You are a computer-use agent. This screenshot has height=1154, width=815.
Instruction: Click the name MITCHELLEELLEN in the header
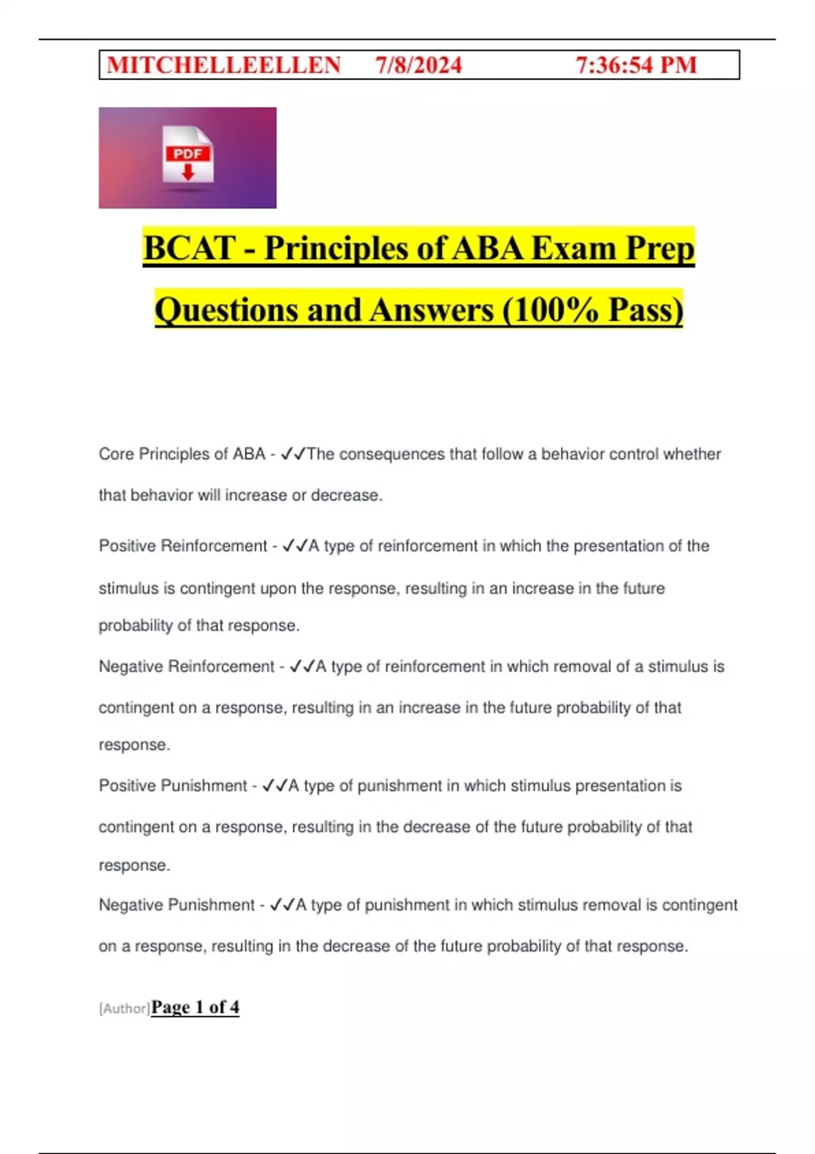(223, 65)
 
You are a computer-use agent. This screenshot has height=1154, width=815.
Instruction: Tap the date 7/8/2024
(418, 65)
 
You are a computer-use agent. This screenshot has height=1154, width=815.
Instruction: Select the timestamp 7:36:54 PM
(636, 65)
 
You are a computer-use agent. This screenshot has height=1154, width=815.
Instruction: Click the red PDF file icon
(187, 155)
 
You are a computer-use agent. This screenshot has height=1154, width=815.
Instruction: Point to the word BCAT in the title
(189, 248)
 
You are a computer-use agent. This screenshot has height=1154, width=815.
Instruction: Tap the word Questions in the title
(226, 310)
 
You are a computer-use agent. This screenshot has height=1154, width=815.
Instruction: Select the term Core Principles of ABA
(182, 454)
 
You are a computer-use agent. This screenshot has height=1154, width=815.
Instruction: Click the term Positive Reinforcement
(183, 546)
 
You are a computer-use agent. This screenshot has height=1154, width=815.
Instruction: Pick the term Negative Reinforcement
(187, 667)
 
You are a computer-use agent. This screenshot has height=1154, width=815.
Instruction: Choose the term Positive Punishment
(173, 785)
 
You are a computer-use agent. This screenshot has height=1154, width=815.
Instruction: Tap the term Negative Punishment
(177, 905)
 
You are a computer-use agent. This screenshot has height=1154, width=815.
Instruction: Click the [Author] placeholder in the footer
(124, 1009)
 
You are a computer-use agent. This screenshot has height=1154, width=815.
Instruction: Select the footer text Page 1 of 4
(196, 1007)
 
